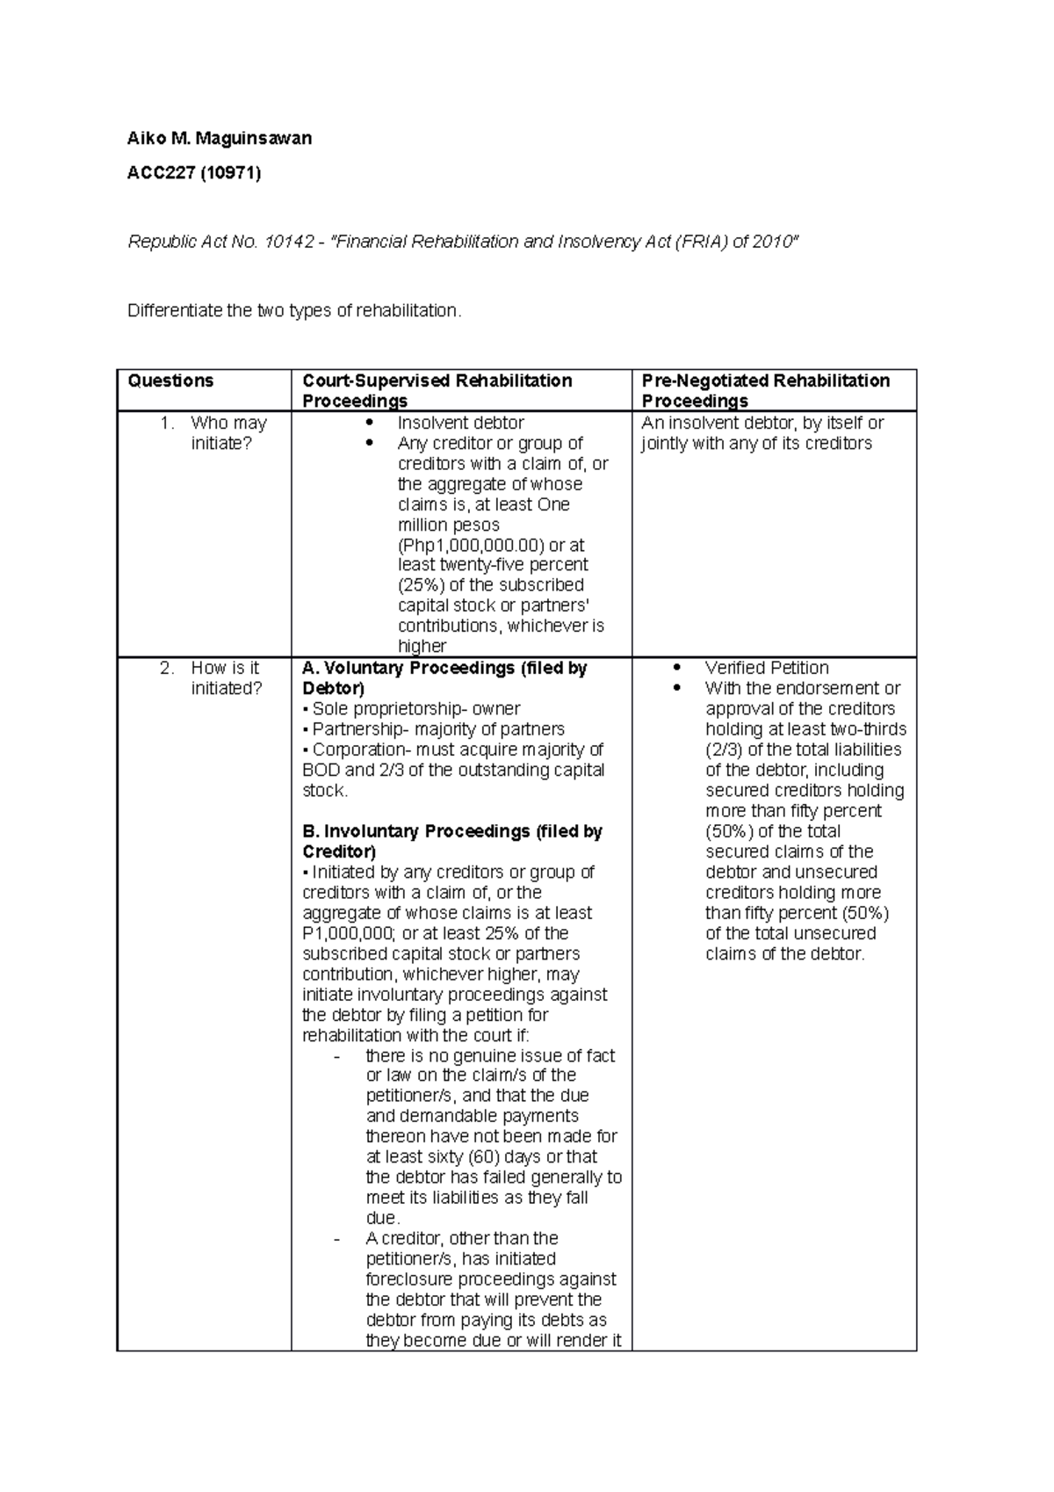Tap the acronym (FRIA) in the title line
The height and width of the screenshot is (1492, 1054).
point(698,242)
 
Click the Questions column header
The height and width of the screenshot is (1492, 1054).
point(170,380)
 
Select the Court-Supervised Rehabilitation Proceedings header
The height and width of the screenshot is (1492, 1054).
point(437,390)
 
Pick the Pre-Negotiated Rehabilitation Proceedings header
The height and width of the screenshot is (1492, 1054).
point(765,390)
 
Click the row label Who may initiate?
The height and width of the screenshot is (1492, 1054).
point(227,433)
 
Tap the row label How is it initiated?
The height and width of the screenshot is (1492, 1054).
point(226,678)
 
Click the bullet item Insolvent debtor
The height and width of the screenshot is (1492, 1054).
point(460,423)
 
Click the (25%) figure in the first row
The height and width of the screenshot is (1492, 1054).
point(422,585)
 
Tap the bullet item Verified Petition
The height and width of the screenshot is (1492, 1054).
point(767,668)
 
